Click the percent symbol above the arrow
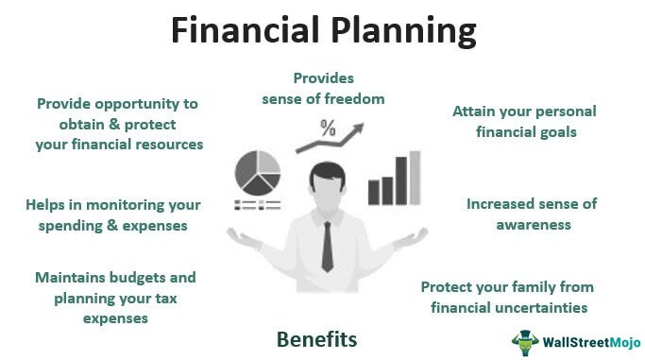pyautogui.click(x=328, y=129)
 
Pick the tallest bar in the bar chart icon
pyautogui.click(x=413, y=178)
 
